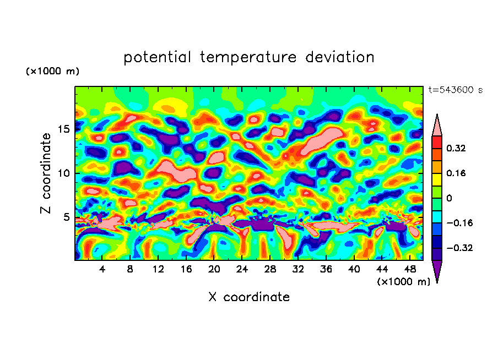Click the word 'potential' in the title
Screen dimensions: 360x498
pos(158,57)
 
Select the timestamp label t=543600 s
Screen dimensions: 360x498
pos(455,90)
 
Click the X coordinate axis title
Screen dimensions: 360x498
pos(249,297)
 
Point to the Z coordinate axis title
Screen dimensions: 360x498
pos(46,173)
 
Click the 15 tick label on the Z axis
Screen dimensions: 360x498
pos(62,129)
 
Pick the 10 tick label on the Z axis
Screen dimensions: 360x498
pos(62,173)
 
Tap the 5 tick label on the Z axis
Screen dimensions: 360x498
pos(66,217)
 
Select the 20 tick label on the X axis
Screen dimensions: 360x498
pos(214,270)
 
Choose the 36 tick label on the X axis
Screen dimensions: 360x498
pos(326,270)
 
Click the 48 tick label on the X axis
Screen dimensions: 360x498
pos(409,270)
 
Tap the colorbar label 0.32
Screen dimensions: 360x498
pos(457,148)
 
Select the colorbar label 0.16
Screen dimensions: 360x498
pos(457,173)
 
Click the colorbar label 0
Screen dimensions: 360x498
pos(449,198)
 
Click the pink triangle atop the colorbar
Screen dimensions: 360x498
pos(437,126)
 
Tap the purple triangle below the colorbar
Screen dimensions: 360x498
pos(437,271)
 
